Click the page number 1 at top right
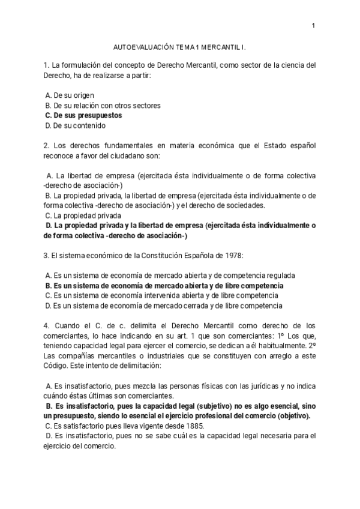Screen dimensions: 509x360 (x=313, y=25)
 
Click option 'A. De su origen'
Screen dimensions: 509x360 (x=70, y=95)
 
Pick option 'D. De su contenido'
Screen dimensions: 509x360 (x=75, y=125)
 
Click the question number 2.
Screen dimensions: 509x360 (x=46, y=146)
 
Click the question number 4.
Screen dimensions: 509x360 (x=46, y=326)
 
